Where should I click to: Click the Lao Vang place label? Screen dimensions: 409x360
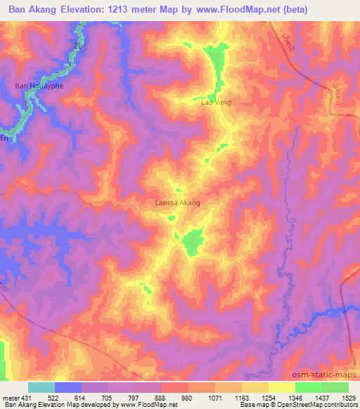coord(217,103)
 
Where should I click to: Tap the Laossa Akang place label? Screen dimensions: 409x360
coord(177,202)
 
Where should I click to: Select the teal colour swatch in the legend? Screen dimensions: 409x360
coord(41,388)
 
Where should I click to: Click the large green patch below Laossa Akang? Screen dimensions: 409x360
coord(191,242)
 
